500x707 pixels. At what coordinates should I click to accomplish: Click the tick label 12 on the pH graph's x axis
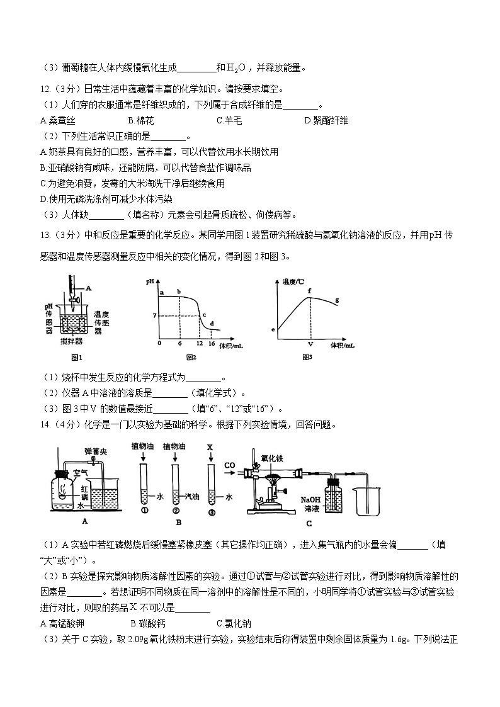coord(200,344)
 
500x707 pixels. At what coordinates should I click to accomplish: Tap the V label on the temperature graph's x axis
coord(310,345)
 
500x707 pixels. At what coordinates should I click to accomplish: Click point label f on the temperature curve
coord(310,290)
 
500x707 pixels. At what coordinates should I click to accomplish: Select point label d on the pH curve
coord(211,324)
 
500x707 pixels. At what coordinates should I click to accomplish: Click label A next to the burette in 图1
coord(89,287)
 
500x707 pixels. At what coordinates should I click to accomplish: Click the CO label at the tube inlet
coord(230,465)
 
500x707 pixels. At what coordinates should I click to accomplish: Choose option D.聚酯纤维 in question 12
coord(326,120)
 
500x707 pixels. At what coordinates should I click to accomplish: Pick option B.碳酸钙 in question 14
coord(147,624)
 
